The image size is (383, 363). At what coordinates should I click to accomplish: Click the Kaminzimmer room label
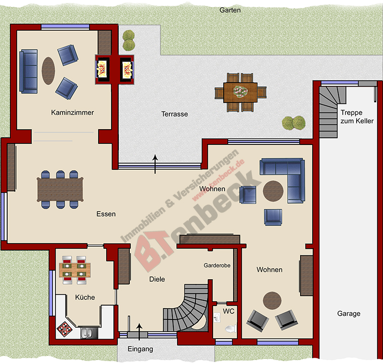coord(72,112)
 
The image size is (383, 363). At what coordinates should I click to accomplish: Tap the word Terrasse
coord(175,114)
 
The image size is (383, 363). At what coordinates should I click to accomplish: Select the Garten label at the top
coord(230,10)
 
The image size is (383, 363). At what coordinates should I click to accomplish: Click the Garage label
coord(349,313)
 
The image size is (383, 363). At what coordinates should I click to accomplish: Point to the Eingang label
coord(140,349)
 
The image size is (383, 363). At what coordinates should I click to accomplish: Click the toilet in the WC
coord(231,329)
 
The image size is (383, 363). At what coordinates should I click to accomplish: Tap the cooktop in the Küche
coord(65,329)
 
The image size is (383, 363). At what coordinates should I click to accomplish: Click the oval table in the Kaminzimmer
coord(48,71)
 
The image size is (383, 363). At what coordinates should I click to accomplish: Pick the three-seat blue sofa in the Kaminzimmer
coord(29,71)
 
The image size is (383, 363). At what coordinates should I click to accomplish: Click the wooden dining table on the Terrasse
coord(240,92)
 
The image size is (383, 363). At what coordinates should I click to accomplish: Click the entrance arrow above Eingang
coord(139,332)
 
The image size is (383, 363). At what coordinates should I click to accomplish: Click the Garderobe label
coord(217,265)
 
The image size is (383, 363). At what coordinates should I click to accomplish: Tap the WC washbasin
coord(217,318)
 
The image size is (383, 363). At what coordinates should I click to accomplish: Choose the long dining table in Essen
coord(60,189)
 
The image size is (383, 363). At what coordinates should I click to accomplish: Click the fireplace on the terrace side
coord(127,70)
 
